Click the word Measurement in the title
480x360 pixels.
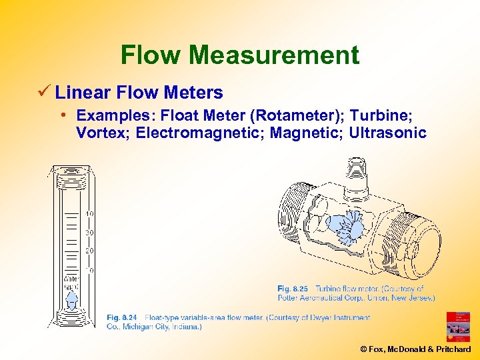[x=273, y=55]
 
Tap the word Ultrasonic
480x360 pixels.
[x=387, y=133]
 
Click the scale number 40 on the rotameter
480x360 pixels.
[x=89, y=214]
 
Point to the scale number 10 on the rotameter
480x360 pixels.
[x=89, y=271]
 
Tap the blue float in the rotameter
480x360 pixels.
[x=72, y=301]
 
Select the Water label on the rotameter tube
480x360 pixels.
[x=71, y=279]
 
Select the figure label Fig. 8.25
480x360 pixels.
[x=293, y=289]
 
